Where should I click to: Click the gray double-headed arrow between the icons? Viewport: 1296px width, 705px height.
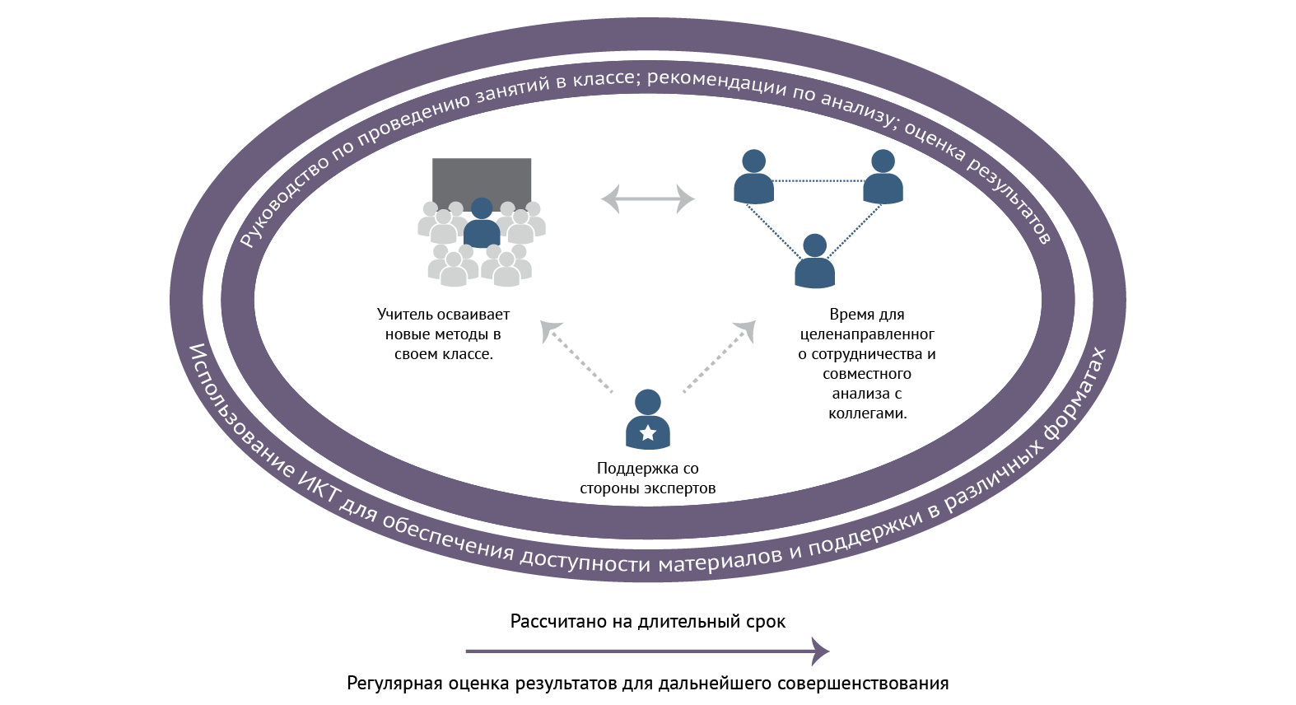tap(648, 198)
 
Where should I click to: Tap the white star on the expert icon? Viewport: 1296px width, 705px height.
tap(648, 432)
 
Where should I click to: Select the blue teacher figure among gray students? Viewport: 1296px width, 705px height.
tap(482, 225)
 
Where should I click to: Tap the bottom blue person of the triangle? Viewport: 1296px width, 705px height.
tap(814, 262)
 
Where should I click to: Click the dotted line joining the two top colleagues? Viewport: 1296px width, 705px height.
tap(818, 181)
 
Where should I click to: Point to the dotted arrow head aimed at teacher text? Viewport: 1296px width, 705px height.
tap(549, 329)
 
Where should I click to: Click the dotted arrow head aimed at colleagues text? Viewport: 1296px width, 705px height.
tap(746, 329)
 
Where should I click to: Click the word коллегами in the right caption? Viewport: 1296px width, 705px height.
tap(867, 413)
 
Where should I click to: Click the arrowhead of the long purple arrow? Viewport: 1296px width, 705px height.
tap(821, 651)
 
